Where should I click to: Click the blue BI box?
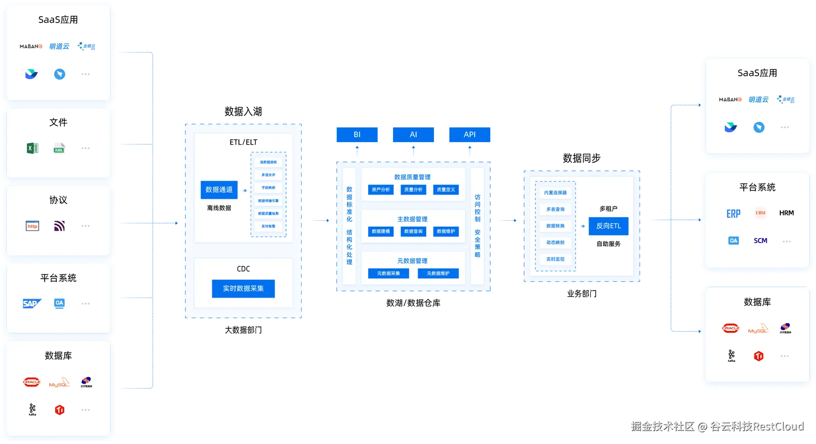coord(357,134)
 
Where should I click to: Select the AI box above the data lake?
coord(413,134)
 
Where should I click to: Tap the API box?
coord(470,134)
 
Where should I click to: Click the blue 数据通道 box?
coord(219,190)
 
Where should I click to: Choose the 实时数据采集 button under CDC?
coord(243,288)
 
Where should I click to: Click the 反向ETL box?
coord(608,226)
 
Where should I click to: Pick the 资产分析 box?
coord(380,190)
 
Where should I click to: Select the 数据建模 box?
coord(380,231)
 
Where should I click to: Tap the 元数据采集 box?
coord(388,273)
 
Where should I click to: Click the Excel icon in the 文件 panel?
coord(32,148)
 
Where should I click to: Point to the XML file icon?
coord(59,148)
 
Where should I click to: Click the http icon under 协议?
coord(32,226)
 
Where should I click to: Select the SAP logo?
coord(32,304)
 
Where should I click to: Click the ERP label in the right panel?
coord(733,213)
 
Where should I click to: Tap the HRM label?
coord(786,213)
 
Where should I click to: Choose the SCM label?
coord(760,241)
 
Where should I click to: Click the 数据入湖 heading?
coord(243,111)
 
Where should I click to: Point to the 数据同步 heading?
coord(581,159)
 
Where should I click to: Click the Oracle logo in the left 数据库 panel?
coord(31,382)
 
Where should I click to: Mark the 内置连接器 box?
coord(555,193)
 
